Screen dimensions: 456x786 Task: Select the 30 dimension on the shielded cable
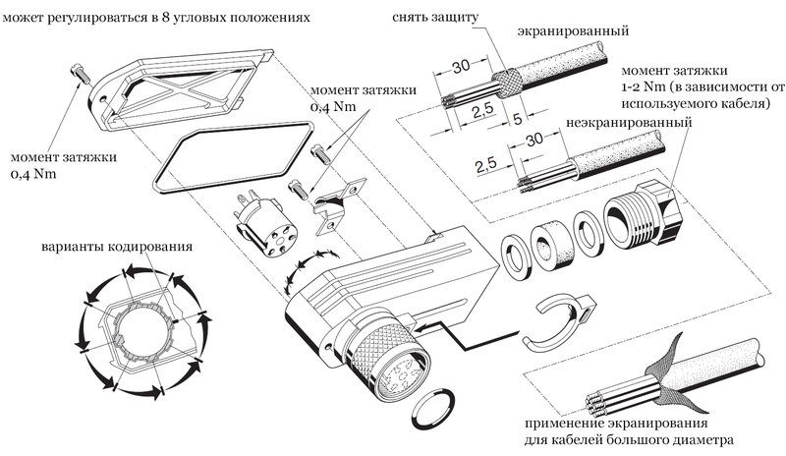tap(458, 67)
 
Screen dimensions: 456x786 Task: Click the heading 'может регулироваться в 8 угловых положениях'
tap(161, 18)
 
